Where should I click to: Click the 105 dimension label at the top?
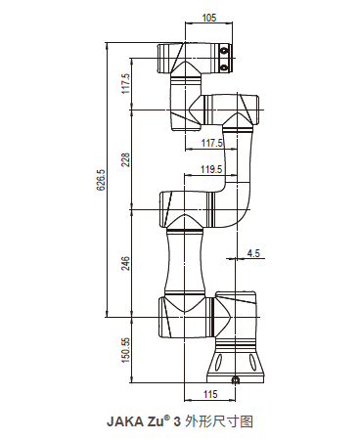coord(209,18)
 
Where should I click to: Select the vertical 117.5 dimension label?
coord(126,83)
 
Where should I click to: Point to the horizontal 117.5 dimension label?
coord(211,143)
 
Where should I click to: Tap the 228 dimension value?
coord(126,159)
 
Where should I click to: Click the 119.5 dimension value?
coord(211,169)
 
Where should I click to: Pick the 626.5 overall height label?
coord(101,180)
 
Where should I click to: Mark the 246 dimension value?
coord(126,263)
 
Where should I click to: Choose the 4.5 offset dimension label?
coord(253,253)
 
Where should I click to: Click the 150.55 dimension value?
coord(126,349)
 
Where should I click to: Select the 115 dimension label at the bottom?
coord(210,394)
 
